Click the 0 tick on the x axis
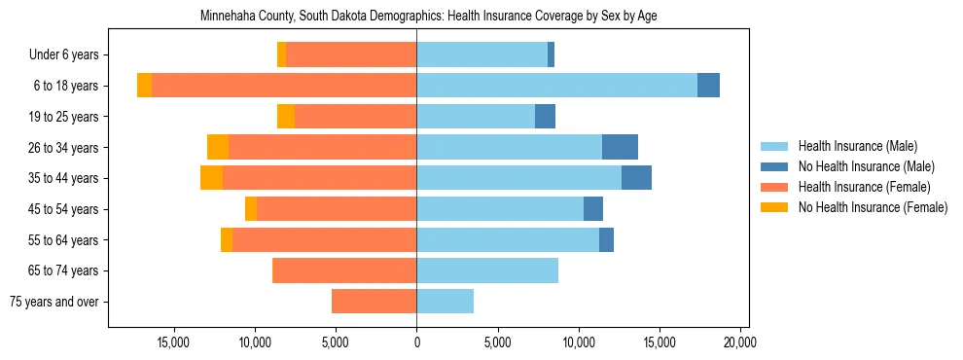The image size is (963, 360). [x=416, y=342]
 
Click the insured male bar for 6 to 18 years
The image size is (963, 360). [x=556, y=86]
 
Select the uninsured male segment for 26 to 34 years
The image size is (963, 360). [x=620, y=147]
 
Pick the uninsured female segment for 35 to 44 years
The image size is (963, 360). [x=211, y=178]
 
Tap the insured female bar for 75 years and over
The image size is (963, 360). [x=374, y=302]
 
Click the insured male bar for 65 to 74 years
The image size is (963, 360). [x=487, y=270]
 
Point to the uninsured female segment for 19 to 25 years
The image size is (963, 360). [x=286, y=117]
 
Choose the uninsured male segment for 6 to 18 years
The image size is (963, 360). [x=708, y=86]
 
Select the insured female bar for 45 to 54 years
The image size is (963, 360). [x=337, y=209]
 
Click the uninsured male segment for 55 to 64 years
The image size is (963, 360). [x=606, y=239]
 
